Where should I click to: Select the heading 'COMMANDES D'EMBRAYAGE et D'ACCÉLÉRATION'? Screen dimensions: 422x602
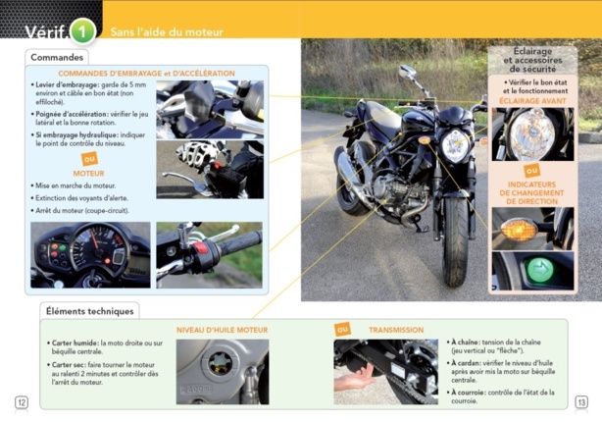[146, 74]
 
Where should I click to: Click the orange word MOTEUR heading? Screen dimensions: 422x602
[88, 173]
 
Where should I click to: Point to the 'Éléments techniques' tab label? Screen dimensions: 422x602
[90, 311]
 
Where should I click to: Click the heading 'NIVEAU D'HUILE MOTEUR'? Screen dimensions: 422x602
[222, 331]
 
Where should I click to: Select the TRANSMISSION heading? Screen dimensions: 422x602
[395, 331]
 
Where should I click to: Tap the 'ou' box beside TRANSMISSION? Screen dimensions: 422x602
[342, 330]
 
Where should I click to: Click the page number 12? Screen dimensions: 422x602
[22, 401]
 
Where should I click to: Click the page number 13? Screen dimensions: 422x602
[580, 401]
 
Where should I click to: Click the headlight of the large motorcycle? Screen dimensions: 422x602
[455, 145]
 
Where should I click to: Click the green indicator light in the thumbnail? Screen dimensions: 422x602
[534, 271]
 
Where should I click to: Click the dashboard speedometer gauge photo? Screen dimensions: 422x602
[90, 254]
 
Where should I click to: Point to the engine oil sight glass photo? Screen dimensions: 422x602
[222, 371]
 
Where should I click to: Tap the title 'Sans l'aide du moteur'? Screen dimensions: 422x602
[167, 32]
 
